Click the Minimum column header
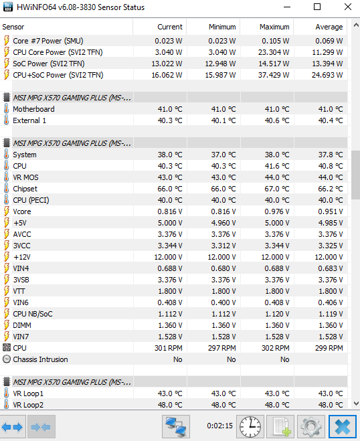point(222,27)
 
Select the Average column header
point(329,27)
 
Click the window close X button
point(348,7)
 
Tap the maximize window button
point(317,7)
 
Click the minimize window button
point(287,7)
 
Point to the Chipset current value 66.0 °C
point(170,189)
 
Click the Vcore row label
point(22,211)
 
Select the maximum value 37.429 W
point(274,75)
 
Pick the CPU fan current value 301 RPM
point(168,348)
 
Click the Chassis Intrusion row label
point(40,359)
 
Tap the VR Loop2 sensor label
point(28,405)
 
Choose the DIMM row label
point(22,325)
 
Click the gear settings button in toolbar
point(311,427)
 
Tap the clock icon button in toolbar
point(250,427)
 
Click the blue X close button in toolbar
point(343,427)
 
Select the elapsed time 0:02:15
point(219,426)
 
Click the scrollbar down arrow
point(356,404)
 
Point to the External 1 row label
point(29,120)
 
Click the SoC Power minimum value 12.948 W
point(220,64)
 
